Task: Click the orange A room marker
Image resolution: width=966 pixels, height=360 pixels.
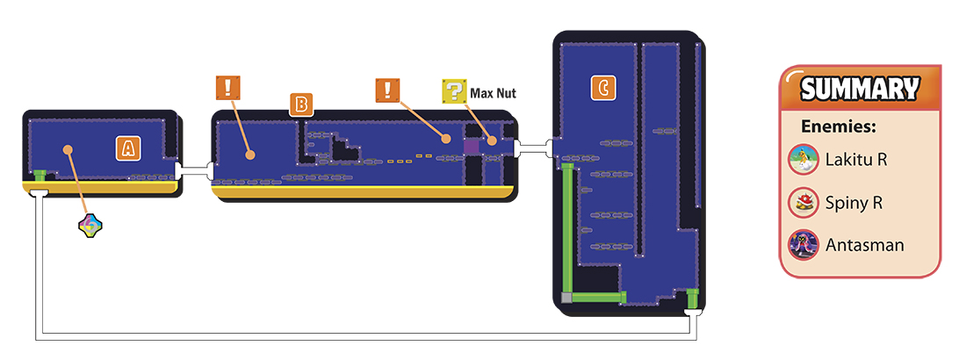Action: coord(127,148)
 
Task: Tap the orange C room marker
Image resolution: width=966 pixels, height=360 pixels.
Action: coord(603,88)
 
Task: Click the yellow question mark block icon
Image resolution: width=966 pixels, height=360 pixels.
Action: coord(454,91)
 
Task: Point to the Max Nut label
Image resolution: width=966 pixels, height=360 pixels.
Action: coord(493,94)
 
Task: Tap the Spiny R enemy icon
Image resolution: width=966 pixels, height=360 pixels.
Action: coord(804,203)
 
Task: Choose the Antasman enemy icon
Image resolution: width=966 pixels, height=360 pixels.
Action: coord(804,245)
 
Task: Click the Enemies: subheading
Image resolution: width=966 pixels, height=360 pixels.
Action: coord(839,127)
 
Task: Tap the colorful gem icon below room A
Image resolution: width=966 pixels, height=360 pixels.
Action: coord(90,227)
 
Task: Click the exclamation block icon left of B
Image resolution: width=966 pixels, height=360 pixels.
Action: coord(228,88)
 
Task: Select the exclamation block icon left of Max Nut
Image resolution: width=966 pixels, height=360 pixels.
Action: coord(387,90)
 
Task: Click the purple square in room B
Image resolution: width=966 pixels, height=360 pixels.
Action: coord(472,146)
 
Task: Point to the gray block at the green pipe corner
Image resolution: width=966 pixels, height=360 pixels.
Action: coord(567,299)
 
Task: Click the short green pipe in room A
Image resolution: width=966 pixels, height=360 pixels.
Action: coord(40,176)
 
